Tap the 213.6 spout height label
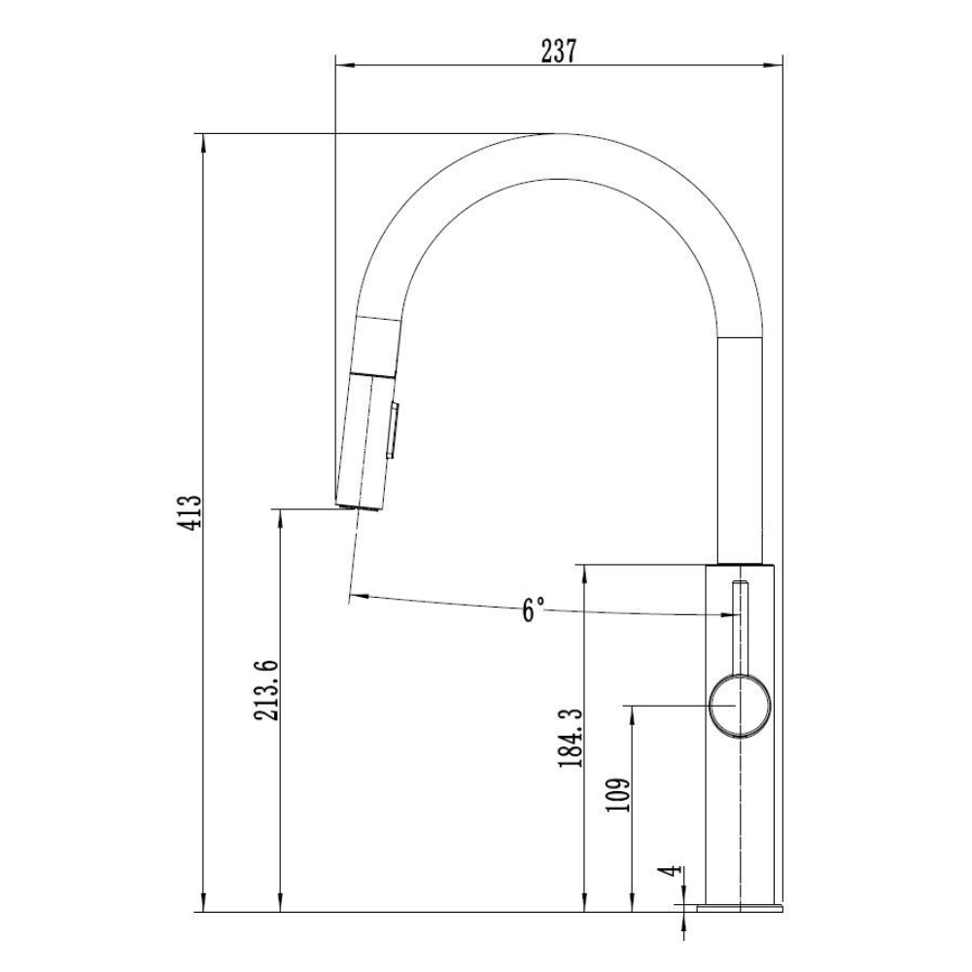click(x=266, y=690)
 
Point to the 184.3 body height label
click(x=571, y=738)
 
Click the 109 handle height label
click(x=618, y=794)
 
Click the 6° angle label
click(x=533, y=609)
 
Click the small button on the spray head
click(x=393, y=431)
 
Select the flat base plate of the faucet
click(x=740, y=908)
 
